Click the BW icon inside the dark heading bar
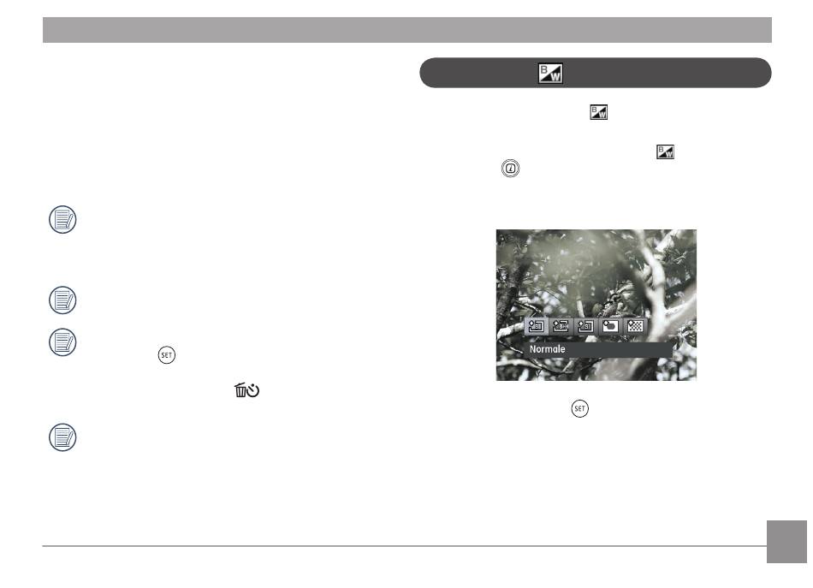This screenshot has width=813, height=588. (x=550, y=73)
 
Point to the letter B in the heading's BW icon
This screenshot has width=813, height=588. (x=544, y=69)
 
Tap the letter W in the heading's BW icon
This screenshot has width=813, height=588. (x=555, y=77)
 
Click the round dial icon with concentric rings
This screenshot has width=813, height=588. (x=511, y=169)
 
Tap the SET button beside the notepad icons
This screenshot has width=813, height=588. (x=166, y=355)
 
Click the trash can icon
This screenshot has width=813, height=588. (x=240, y=390)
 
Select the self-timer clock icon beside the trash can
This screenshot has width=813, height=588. (x=253, y=390)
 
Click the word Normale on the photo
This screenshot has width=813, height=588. (x=547, y=349)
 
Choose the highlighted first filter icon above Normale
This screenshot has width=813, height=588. (x=536, y=326)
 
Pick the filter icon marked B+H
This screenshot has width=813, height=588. (x=561, y=326)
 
